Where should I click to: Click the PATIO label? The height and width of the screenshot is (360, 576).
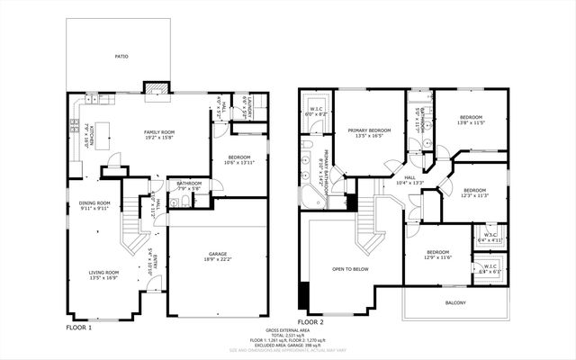tap(121, 56)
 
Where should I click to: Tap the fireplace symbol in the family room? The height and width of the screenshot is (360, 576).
tap(156, 88)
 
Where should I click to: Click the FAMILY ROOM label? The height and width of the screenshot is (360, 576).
tap(158, 132)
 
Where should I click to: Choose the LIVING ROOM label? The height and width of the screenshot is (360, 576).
tap(103, 272)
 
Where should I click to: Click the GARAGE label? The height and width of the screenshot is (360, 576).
tap(219, 253)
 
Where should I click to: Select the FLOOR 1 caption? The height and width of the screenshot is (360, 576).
tap(79, 328)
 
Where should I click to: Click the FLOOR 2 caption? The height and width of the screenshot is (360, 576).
tap(310, 321)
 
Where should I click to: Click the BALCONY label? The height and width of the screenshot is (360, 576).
tap(455, 302)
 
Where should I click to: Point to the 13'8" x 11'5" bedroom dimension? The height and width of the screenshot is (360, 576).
tap(472, 122)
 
